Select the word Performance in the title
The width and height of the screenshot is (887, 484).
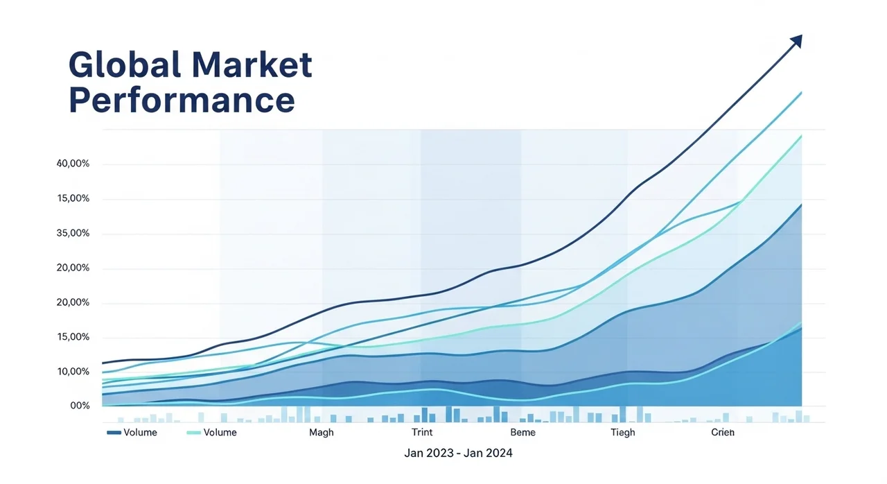click(x=182, y=100)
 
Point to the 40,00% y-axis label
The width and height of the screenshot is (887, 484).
click(x=73, y=164)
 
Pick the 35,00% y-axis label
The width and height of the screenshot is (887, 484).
click(x=73, y=234)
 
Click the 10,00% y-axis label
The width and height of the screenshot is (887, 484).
click(x=73, y=372)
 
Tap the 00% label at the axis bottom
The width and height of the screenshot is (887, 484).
click(x=80, y=406)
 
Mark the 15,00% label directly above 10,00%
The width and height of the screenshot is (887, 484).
click(x=73, y=337)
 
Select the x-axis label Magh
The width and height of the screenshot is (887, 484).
click(x=321, y=433)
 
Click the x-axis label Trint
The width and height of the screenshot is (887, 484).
click(x=422, y=433)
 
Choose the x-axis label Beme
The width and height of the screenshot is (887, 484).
click(x=522, y=433)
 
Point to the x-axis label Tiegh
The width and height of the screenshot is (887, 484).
click(x=622, y=433)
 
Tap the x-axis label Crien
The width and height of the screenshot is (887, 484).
click(x=723, y=433)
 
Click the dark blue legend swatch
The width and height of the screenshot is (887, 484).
click(x=114, y=433)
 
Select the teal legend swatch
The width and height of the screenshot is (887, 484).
click(x=193, y=433)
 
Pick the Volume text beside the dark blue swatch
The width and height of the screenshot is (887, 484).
click(x=140, y=433)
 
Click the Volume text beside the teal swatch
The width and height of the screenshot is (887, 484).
click(x=220, y=433)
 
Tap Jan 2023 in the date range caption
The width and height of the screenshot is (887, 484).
click(x=428, y=453)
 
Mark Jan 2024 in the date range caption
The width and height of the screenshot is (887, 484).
click(x=489, y=453)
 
